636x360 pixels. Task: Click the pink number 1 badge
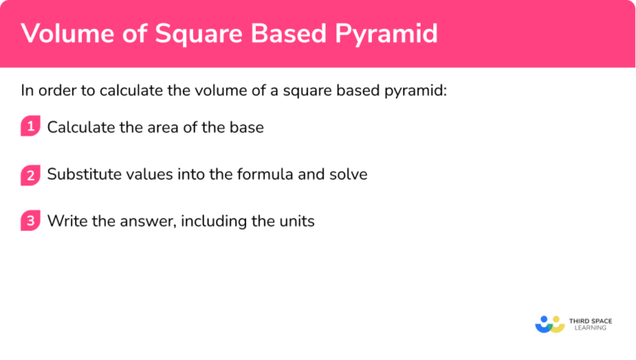tap(31, 127)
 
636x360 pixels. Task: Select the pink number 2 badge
tap(31, 175)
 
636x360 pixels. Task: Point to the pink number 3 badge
tap(31, 222)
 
